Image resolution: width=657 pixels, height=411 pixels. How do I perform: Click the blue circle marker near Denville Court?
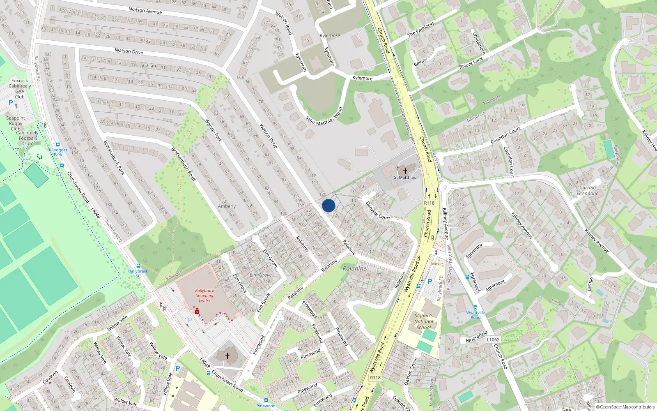click(328, 205)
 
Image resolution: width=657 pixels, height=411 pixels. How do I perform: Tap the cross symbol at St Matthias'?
click(405, 171)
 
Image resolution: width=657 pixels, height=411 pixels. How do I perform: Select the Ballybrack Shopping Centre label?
click(204, 296)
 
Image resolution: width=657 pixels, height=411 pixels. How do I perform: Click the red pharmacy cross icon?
click(197, 312)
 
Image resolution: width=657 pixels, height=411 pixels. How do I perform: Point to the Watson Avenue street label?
click(145, 10)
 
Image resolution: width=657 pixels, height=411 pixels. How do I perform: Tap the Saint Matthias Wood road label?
click(324, 116)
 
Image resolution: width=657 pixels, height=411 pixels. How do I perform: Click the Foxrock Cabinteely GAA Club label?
click(20, 89)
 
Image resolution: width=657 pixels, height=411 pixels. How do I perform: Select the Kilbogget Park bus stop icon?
click(58, 145)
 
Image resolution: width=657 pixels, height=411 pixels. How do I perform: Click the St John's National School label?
click(424, 322)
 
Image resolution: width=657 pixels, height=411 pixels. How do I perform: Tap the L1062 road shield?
click(493, 339)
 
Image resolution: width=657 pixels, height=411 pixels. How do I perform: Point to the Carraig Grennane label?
click(588, 190)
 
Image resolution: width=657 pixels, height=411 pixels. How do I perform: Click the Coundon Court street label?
click(505, 135)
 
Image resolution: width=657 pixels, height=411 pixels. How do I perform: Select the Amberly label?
click(227, 206)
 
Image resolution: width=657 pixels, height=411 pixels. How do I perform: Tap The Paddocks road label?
click(421, 29)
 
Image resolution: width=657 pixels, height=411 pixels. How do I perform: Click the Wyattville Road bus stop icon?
click(476, 307)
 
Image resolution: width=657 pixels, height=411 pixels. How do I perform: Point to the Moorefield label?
click(477, 337)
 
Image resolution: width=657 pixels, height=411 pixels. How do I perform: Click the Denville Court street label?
click(378, 211)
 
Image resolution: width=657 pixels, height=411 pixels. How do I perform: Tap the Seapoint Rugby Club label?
click(16, 123)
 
